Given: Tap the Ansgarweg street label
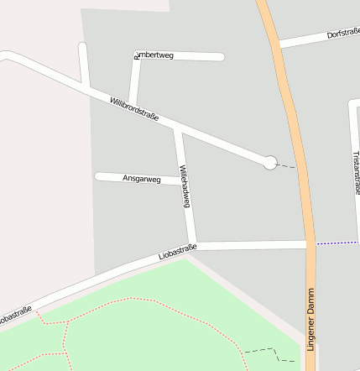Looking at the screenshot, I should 141,179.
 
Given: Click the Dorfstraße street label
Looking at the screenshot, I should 342,34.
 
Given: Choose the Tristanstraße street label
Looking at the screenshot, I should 356,172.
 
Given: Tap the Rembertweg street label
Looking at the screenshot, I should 154,56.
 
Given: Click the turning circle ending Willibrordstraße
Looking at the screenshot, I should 270,163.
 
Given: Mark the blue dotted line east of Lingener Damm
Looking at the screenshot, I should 337,243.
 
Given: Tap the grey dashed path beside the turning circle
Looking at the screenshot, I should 287,166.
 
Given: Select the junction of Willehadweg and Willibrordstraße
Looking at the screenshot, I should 176,129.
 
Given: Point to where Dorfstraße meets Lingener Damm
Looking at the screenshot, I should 280,44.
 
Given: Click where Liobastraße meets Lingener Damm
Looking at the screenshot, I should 309,244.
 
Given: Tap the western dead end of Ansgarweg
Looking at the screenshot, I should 99,176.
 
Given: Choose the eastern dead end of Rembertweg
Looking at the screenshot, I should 221,57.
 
